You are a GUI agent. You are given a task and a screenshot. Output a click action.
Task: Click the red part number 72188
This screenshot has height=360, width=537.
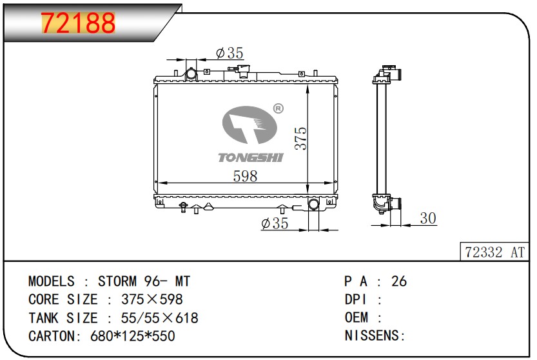click(79, 23)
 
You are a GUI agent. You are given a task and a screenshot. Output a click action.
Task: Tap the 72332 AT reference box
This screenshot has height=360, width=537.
click(494, 252)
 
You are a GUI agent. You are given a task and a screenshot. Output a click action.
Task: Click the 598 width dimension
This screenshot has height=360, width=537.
click(245, 176)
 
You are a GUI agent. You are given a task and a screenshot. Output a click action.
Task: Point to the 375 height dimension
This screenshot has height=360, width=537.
click(301, 138)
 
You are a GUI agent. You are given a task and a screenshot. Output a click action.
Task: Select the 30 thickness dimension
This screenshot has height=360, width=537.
click(428, 218)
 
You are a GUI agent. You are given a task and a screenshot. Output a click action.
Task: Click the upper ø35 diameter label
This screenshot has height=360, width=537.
click(229, 53)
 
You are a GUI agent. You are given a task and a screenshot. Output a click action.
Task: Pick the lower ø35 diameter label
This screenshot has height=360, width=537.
click(275, 223)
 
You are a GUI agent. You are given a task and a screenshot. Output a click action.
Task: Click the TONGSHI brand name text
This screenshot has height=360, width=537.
click(251, 157)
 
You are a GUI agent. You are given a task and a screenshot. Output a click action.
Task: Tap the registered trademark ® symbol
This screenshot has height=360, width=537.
click(278, 108)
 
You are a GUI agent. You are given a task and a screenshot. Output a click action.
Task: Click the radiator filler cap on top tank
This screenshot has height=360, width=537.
click(244, 70)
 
